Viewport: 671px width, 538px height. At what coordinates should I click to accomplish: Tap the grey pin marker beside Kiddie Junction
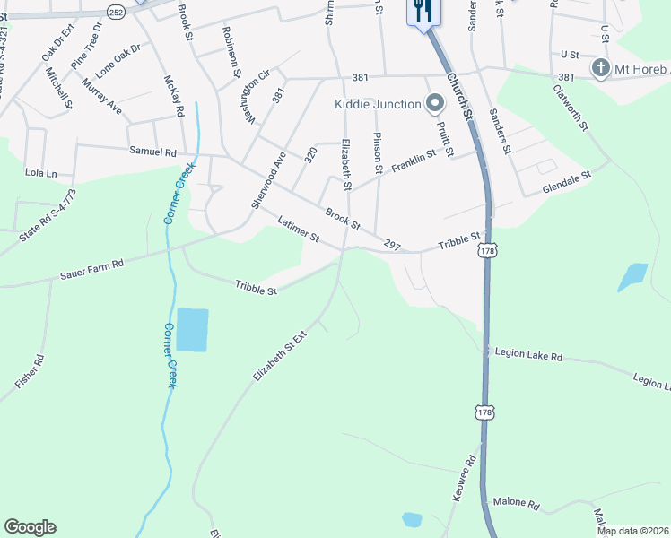coord(435,104)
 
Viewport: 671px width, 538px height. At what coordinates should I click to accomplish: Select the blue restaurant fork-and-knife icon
coord(423,10)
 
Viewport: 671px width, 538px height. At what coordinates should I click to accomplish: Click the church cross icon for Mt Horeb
coord(600,68)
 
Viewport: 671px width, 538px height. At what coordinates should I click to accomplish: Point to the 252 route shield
coord(116,13)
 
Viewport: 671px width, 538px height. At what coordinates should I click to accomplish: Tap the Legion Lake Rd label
coord(528,355)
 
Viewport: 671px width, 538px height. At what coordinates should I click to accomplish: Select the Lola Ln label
coord(40,172)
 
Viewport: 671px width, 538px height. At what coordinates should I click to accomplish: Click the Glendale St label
coord(568,185)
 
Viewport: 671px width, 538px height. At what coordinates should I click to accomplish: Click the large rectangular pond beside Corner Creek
coord(192,329)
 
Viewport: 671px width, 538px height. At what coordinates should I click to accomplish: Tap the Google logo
coord(30,527)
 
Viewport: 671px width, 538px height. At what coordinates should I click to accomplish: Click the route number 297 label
coord(391,244)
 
